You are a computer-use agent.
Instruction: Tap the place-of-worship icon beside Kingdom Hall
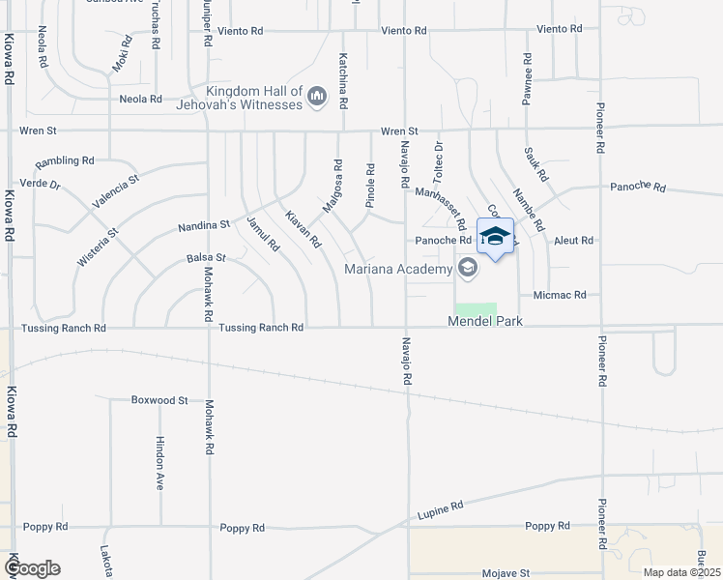[x=317, y=96]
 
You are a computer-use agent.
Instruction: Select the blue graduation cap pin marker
[x=496, y=237]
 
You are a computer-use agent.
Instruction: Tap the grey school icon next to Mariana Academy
[x=468, y=268]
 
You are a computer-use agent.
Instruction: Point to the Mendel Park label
[x=484, y=320]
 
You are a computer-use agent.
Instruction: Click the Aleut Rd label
[x=573, y=240]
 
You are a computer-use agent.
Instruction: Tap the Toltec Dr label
[x=438, y=159]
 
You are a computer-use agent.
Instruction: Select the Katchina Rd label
[x=342, y=80]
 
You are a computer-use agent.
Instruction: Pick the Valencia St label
[x=116, y=191]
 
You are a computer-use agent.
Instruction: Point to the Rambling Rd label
[x=65, y=161]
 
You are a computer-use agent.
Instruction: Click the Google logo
[x=32, y=568]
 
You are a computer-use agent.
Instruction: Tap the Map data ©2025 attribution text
[x=680, y=572]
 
